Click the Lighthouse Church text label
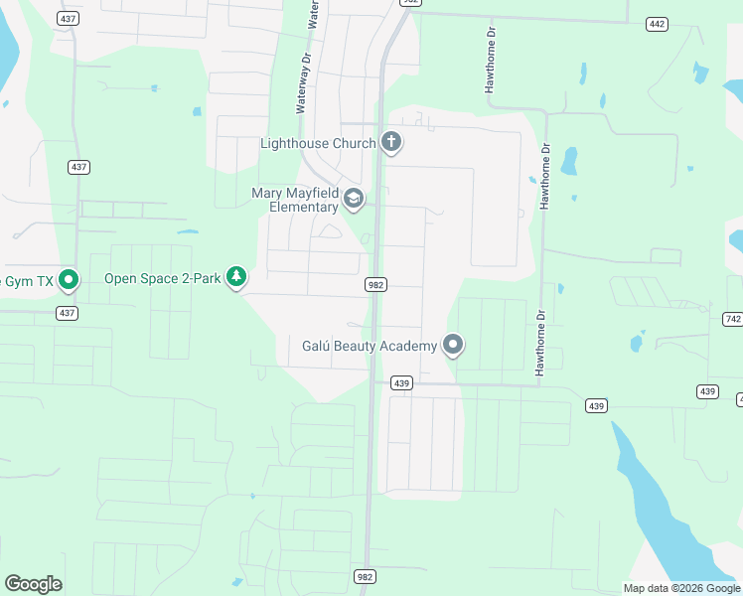(x=318, y=143)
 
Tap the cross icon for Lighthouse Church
(x=391, y=143)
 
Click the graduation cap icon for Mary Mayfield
(x=353, y=200)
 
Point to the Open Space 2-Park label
(x=164, y=278)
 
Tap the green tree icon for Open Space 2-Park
(x=235, y=277)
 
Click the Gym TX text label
(x=26, y=280)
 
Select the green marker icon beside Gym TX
(x=69, y=280)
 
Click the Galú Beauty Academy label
(x=370, y=346)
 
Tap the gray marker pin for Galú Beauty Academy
(x=453, y=345)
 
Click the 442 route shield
(x=657, y=24)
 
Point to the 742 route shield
(x=733, y=319)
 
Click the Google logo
(x=33, y=584)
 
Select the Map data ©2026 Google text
(x=681, y=588)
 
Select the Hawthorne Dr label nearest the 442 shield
(x=490, y=60)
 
